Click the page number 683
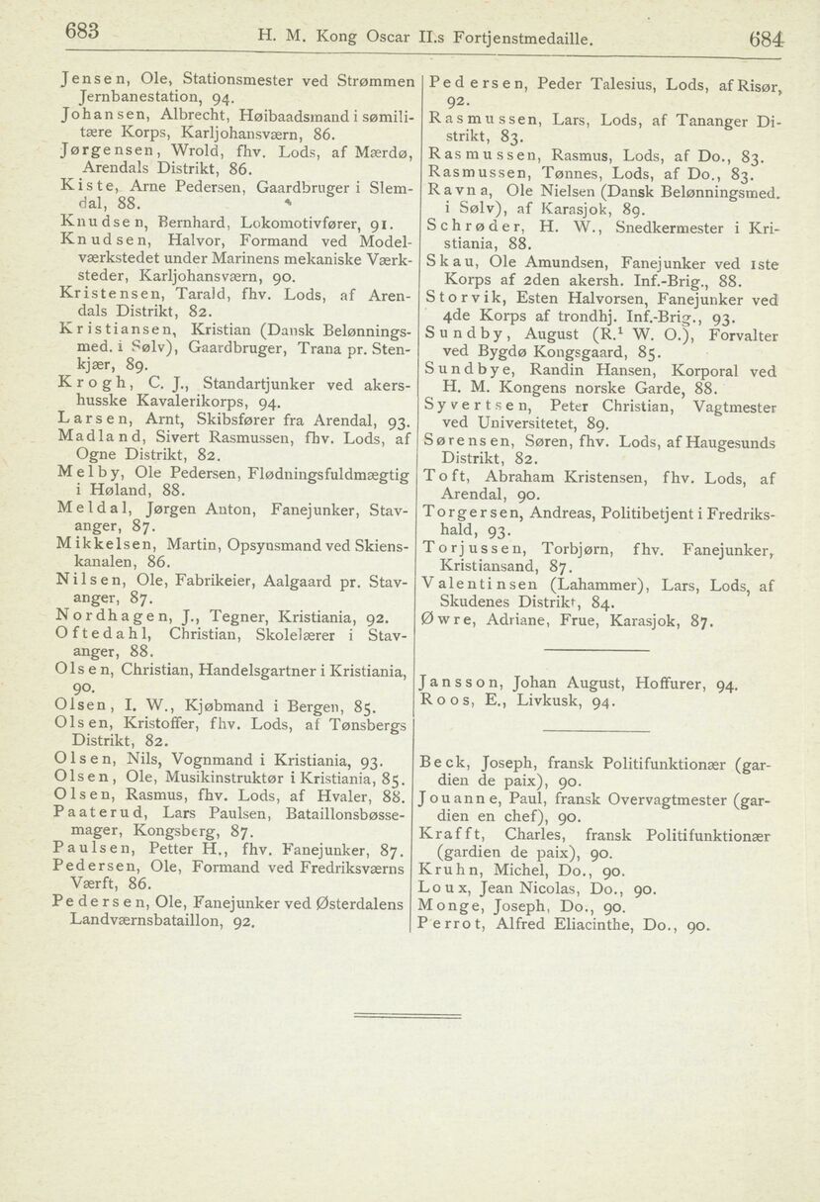[x=81, y=32]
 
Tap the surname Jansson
[x=458, y=683]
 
